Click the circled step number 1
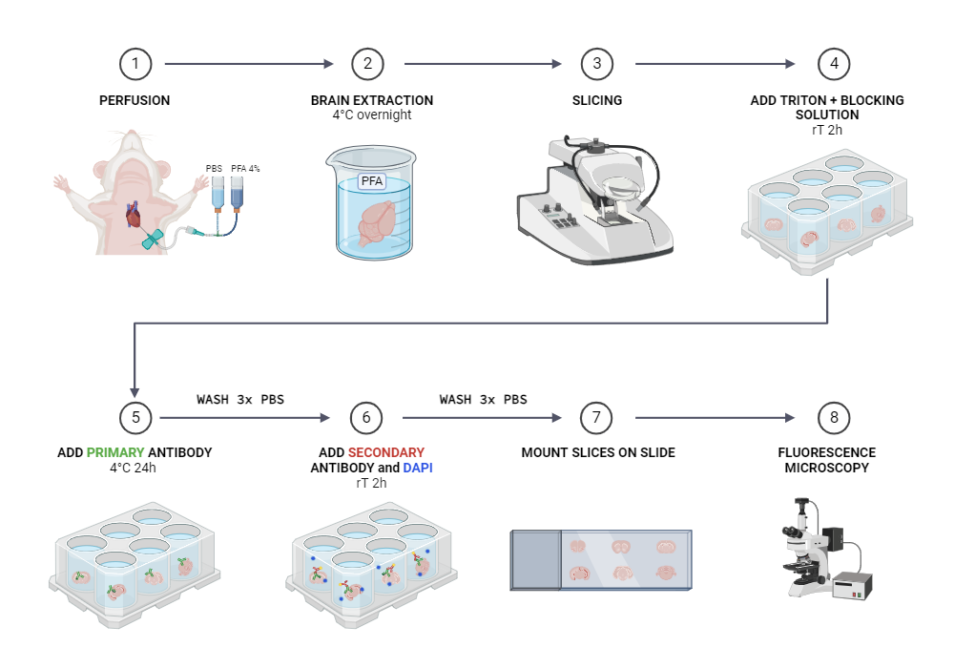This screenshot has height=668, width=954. [x=135, y=64]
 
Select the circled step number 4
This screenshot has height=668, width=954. [x=835, y=64]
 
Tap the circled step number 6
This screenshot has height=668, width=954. [x=366, y=418]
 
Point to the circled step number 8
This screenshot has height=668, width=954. [x=835, y=418]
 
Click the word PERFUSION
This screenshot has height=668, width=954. [x=135, y=100]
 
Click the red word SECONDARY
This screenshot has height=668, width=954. [x=386, y=452]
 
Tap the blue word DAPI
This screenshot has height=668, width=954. [x=418, y=468]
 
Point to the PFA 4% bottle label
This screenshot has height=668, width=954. [x=245, y=168]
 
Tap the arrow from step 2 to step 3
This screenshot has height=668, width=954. [x=483, y=64]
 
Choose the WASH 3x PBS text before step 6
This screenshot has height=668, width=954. [x=240, y=399]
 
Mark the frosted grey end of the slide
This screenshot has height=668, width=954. [x=534, y=559]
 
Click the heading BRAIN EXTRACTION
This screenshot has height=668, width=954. [x=372, y=100]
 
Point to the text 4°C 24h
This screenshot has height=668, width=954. [x=135, y=468]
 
